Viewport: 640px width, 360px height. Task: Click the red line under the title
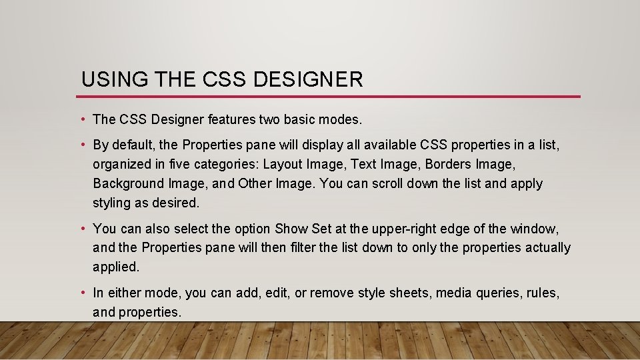(330, 97)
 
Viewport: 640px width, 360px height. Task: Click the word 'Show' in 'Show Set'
(291, 229)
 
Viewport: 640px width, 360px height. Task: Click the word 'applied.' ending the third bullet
(116, 267)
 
